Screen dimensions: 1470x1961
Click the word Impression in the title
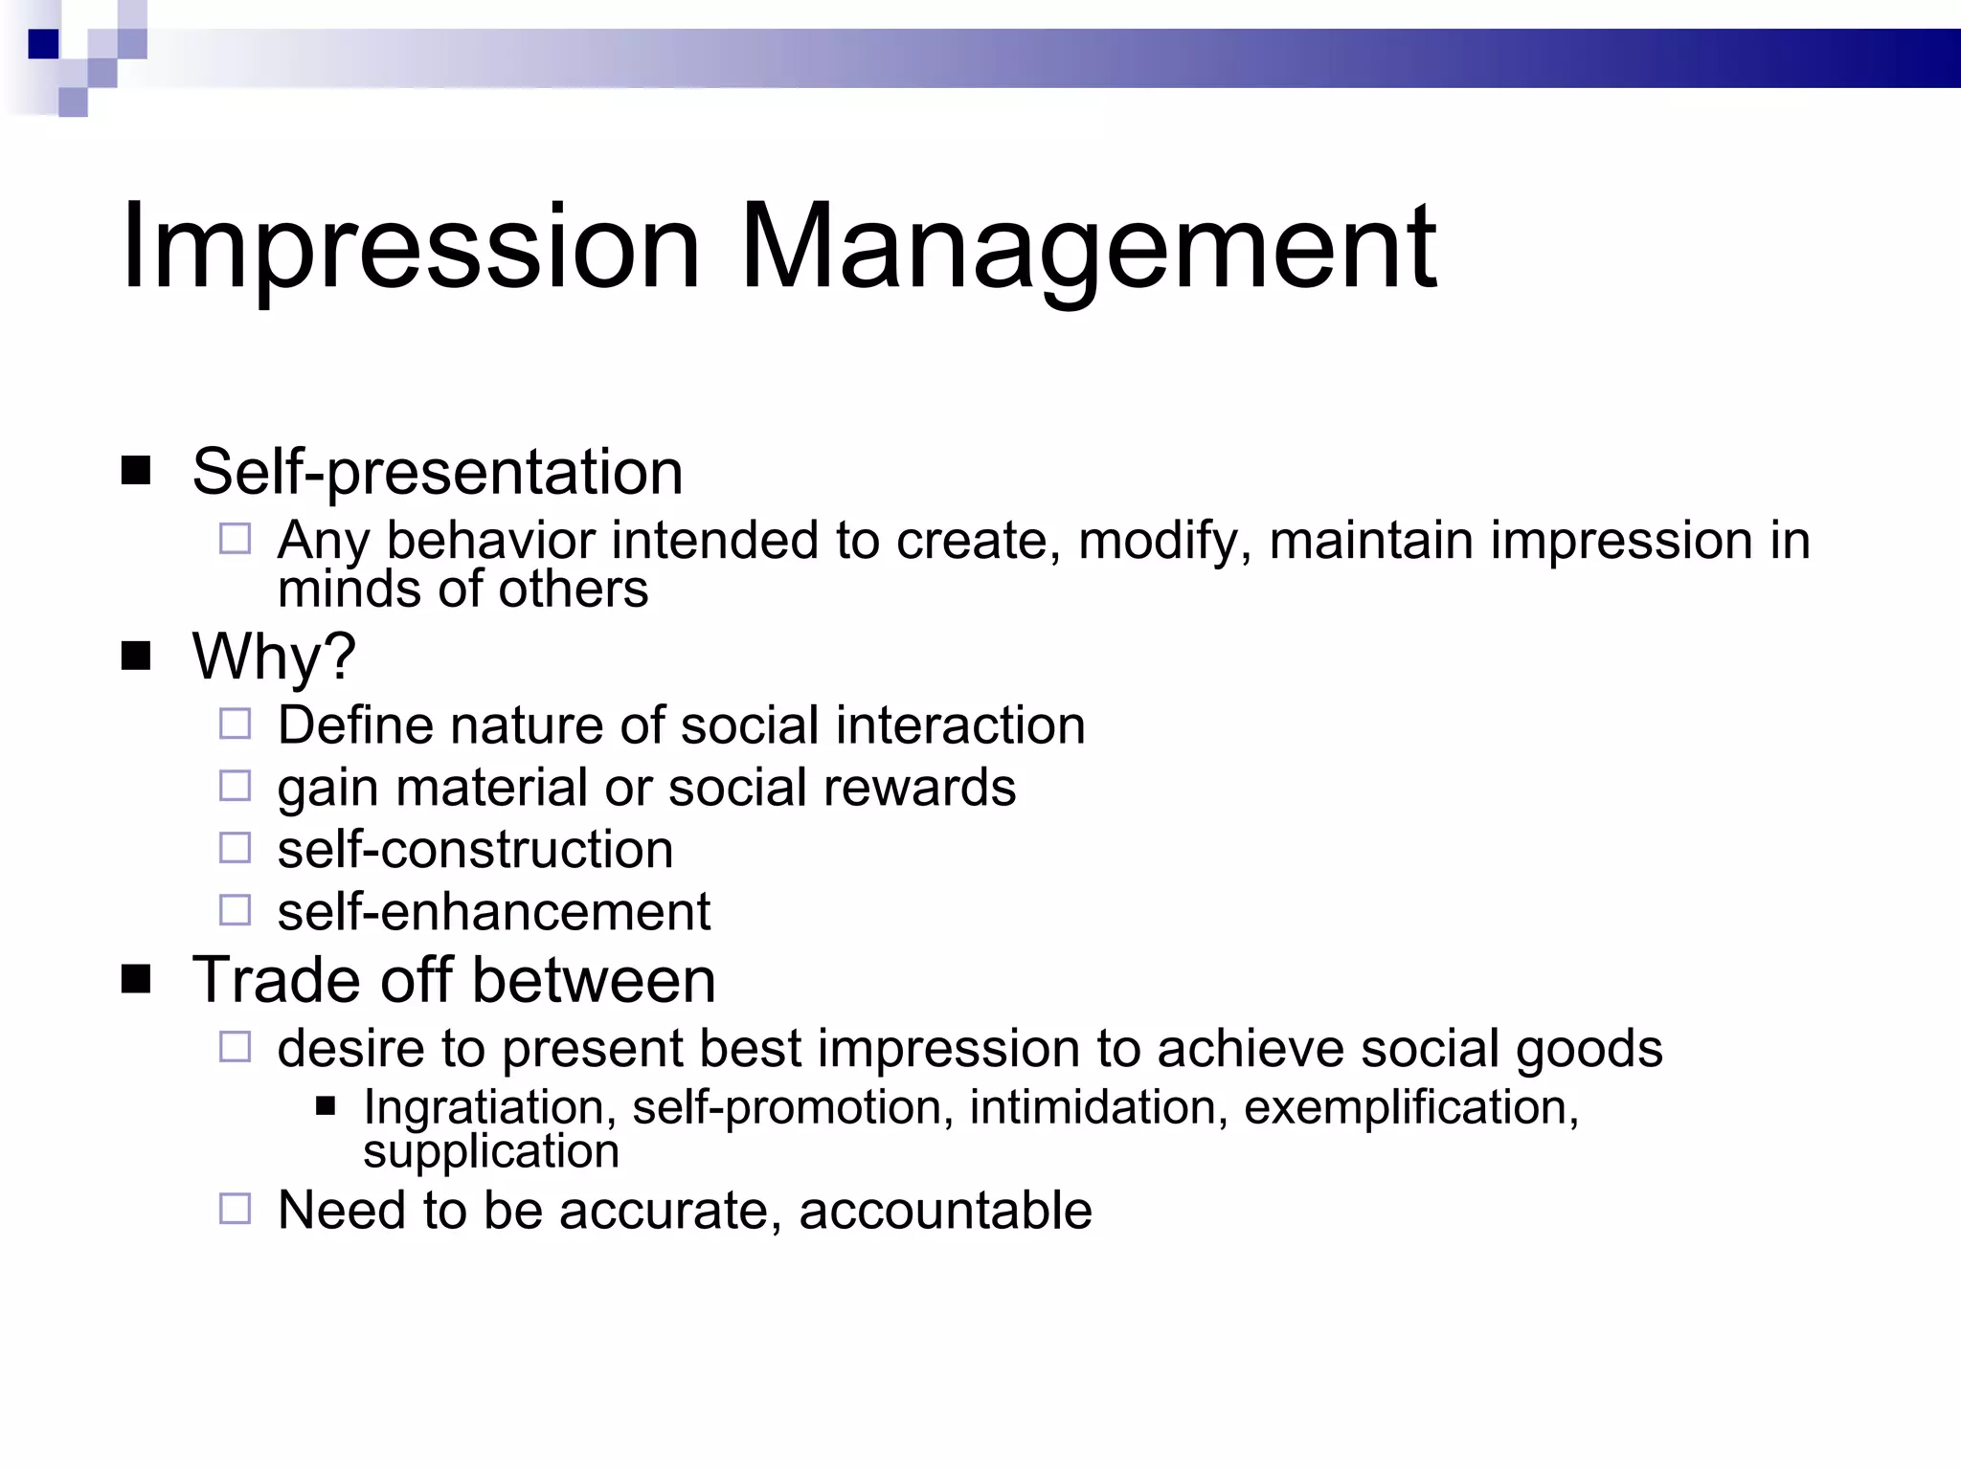click(x=410, y=247)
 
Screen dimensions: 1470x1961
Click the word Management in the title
click(x=1088, y=247)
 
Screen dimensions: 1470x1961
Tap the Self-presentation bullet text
click(x=437, y=472)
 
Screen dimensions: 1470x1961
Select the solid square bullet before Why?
click(x=136, y=657)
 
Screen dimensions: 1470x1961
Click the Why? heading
click(x=274, y=657)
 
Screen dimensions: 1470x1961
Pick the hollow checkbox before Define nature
click(x=235, y=724)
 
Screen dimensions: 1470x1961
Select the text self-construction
click(x=475, y=850)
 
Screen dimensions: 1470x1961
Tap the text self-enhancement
click(x=493, y=911)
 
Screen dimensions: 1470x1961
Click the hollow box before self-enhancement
click(x=235, y=910)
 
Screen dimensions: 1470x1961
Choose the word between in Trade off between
click(x=593, y=980)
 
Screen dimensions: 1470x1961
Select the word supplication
click(x=490, y=1151)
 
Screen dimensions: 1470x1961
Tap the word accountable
click(x=945, y=1211)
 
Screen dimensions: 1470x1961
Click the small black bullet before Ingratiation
click(x=326, y=1107)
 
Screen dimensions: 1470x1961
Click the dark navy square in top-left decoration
click(x=43, y=44)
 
